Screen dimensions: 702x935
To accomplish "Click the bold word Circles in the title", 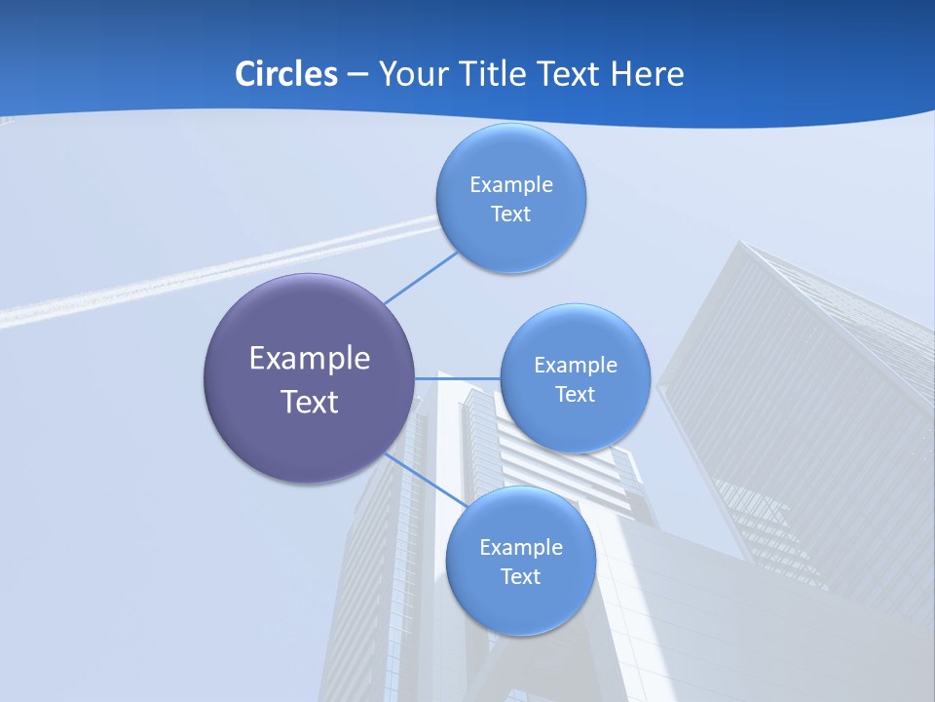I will coord(285,74).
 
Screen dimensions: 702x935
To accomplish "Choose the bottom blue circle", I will coord(520,604).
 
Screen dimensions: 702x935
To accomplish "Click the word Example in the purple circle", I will coord(310,359).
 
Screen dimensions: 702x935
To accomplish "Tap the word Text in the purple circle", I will coord(310,402).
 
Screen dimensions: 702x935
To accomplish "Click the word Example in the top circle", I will coord(511,185).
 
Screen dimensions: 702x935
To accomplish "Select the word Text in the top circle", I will coord(510,214).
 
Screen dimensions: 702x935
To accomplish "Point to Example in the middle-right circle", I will coord(576,366).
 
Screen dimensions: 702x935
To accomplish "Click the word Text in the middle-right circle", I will coord(575,395).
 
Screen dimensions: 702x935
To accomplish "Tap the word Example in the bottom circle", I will coord(521,548).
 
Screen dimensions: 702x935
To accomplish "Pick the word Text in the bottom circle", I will coord(520,577).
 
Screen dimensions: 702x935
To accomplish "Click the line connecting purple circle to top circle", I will coord(421,278).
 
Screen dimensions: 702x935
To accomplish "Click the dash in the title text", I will coord(357,74).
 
